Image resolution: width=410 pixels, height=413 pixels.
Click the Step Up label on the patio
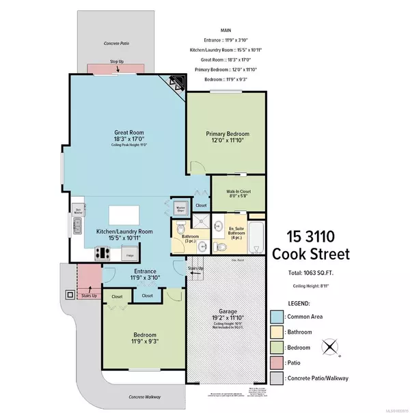click(116, 62)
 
